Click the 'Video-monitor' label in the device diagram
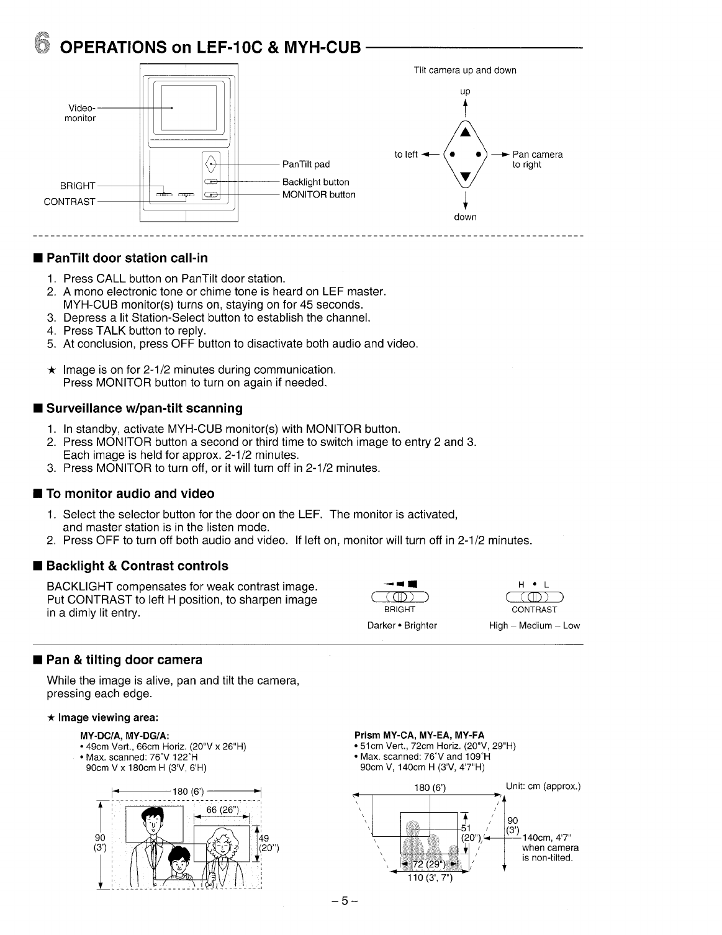[81, 112]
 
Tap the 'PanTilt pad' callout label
[305, 165]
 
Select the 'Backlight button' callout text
[315, 183]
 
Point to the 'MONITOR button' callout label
[318, 195]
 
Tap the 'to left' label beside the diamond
[406, 155]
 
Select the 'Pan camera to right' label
[537, 160]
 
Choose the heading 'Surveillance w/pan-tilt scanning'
[145, 409]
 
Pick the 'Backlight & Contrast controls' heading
[137, 566]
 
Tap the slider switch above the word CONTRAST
[535, 598]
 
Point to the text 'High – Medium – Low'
[535, 626]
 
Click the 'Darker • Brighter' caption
[402, 626]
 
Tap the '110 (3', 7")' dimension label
[430, 878]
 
